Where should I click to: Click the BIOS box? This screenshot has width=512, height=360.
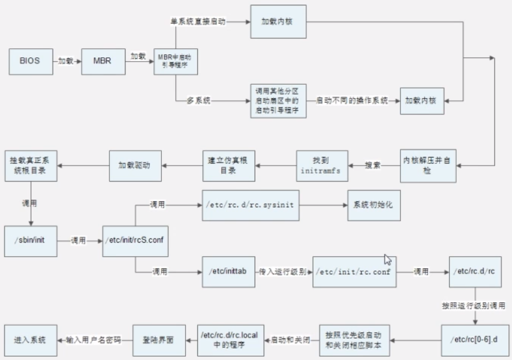(30, 61)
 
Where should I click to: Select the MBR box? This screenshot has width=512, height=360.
(102, 61)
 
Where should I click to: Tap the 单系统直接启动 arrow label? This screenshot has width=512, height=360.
(199, 21)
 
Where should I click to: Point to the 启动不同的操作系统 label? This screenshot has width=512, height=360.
(352, 100)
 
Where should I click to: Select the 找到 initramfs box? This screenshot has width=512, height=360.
(323, 165)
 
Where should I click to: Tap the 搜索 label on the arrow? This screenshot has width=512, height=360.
(373, 165)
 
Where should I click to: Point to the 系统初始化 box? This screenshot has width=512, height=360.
(374, 205)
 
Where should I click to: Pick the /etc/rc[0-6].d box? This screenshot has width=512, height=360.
(474, 340)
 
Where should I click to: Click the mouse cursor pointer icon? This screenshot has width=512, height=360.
(388, 259)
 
